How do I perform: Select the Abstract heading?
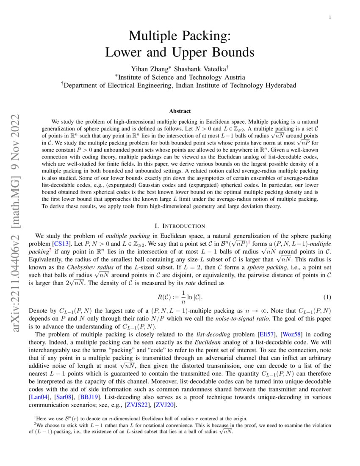point(180,111)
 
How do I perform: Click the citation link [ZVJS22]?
point(134,405)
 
